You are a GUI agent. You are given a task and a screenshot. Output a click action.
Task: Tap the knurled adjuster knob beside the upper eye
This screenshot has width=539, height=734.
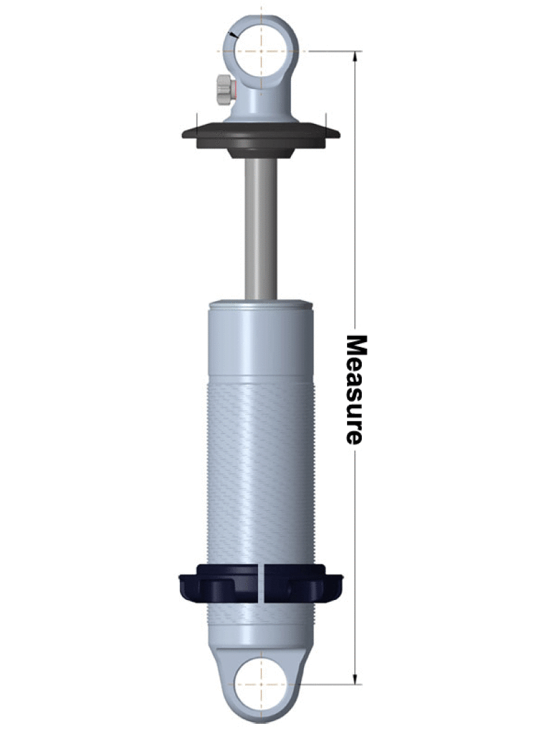[222, 90]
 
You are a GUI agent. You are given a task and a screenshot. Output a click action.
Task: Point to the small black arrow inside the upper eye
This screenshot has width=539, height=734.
[233, 34]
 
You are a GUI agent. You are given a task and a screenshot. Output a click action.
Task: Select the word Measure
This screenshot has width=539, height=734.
[355, 389]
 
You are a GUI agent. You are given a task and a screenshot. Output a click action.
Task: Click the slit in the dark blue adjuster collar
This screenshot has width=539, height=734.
[261, 582]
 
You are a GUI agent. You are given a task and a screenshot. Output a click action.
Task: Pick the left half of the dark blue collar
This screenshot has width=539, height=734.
[218, 583]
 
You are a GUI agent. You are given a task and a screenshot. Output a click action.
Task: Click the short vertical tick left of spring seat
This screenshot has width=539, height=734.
[195, 118]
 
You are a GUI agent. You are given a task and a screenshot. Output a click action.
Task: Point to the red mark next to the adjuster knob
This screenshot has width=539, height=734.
[233, 88]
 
